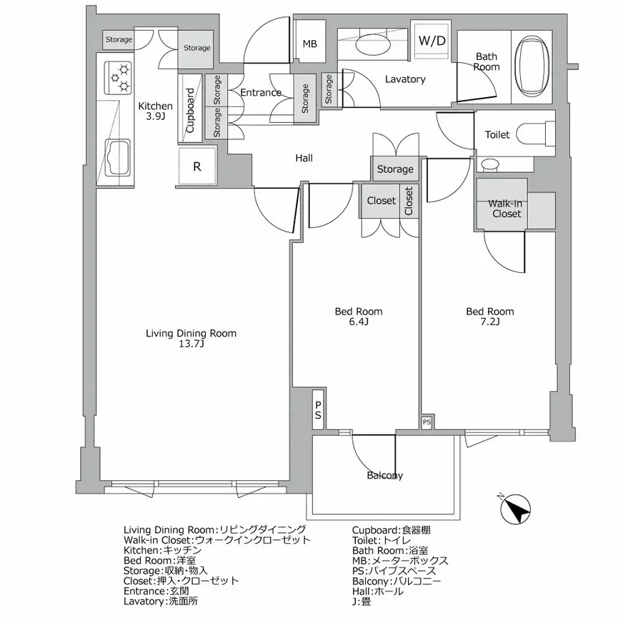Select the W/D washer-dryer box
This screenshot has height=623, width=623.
click(x=432, y=41)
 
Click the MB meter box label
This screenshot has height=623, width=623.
click(x=310, y=44)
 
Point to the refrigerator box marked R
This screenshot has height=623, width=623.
click(x=197, y=166)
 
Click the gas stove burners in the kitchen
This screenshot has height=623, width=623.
click(x=119, y=78)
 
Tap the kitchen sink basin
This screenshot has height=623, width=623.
click(x=119, y=158)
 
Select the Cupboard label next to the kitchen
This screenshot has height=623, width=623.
click(x=190, y=110)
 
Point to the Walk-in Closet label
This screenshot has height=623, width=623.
click(x=506, y=209)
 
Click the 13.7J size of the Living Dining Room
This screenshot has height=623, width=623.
click(x=191, y=344)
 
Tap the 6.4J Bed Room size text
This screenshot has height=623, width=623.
click(x=359, y=322)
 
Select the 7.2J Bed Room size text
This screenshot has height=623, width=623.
click(x=490, y=322)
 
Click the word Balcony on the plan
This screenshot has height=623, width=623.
click(x=384, y=476)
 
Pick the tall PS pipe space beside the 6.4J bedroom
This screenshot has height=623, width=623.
click(x=318, y=409)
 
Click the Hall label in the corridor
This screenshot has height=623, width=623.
click(x=304, y=158)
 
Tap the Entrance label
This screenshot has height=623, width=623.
click(x=261, y=93)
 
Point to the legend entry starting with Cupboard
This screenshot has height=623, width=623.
click(x=391, y=530)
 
